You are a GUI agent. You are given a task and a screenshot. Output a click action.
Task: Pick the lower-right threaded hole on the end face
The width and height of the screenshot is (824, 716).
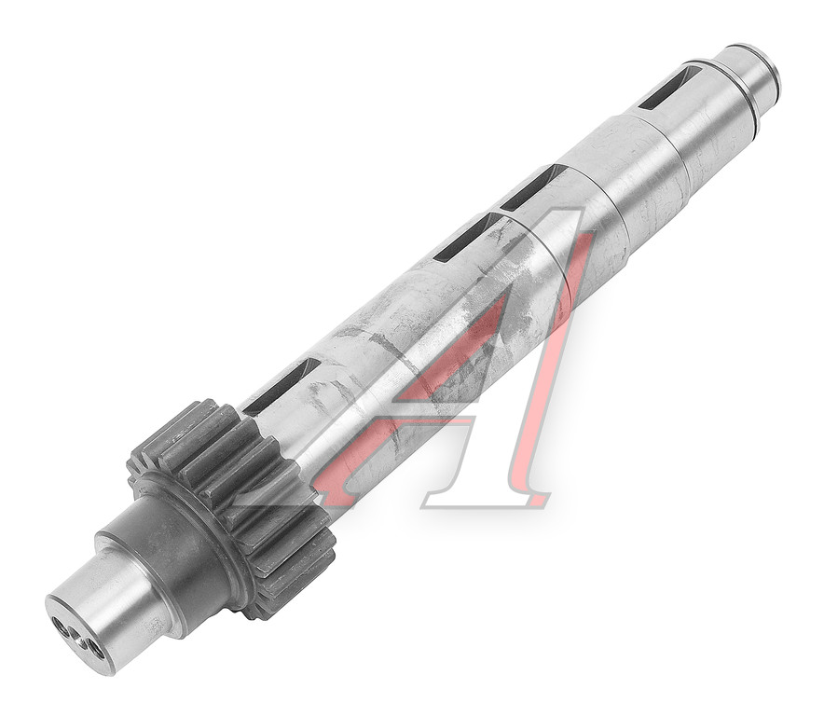pyautogui.click(x=96, y=650)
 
